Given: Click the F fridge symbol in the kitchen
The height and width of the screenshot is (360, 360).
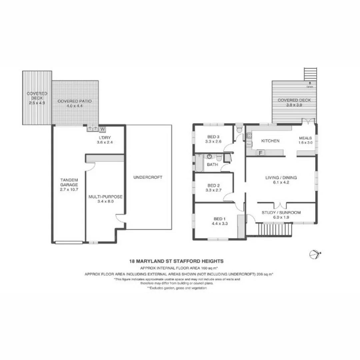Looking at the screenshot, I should pyautogui.click(x=261, y=153).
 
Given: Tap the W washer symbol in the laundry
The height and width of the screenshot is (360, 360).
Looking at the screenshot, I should pyautogui.click(x=102, y=129).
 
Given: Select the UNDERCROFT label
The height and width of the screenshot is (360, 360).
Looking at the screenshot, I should pyautogui.click(x=147, y=177).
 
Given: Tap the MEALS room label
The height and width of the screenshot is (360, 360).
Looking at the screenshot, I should pyautogui.click(x=305, y=138).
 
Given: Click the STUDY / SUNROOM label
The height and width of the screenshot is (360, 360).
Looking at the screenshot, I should pyautogui.click(x=281, y=212).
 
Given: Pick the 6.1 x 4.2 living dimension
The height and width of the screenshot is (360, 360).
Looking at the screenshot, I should pyautogui.click(x=281, y=183).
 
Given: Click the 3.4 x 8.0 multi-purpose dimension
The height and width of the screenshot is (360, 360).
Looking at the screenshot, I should pyautogui.click(x=105, y=202).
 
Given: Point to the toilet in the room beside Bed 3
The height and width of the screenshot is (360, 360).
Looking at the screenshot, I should pyautogui.click(x=239, y=129).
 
